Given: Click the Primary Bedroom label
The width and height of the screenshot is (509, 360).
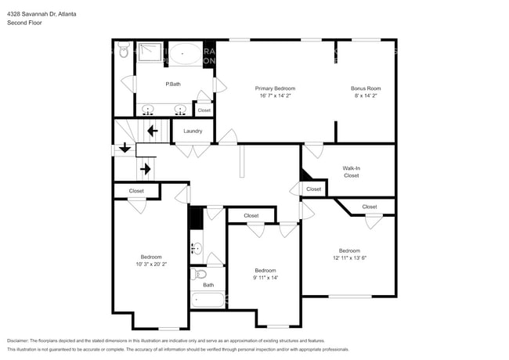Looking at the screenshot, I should click(x=275, y=88).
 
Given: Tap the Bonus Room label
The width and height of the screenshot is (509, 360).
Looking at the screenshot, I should click(x=366, y=88).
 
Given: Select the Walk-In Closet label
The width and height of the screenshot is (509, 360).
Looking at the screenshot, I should click(x=352, y=171).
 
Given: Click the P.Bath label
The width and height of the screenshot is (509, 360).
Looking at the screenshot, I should click(x=173, y=84).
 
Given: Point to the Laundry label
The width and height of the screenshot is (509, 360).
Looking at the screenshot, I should click(x=193, y=131).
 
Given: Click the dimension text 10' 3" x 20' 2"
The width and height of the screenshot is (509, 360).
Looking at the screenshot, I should click(x=151, y=265).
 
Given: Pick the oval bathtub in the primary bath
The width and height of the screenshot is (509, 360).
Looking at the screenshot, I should click(x=186, y=54).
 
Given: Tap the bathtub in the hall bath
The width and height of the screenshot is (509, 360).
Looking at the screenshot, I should click(x=208, y=299).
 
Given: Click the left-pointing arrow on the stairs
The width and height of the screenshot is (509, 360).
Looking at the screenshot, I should click(x=152, y=131).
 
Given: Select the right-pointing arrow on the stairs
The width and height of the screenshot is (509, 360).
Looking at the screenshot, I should click(x=144, y=167).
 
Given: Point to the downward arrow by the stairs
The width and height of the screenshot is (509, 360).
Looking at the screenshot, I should click(x=125, y=148).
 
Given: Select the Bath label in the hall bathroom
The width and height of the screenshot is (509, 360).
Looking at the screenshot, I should click(x=208, y=285).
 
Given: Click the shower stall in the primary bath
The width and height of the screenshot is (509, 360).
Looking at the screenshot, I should click(x=150, y=52).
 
